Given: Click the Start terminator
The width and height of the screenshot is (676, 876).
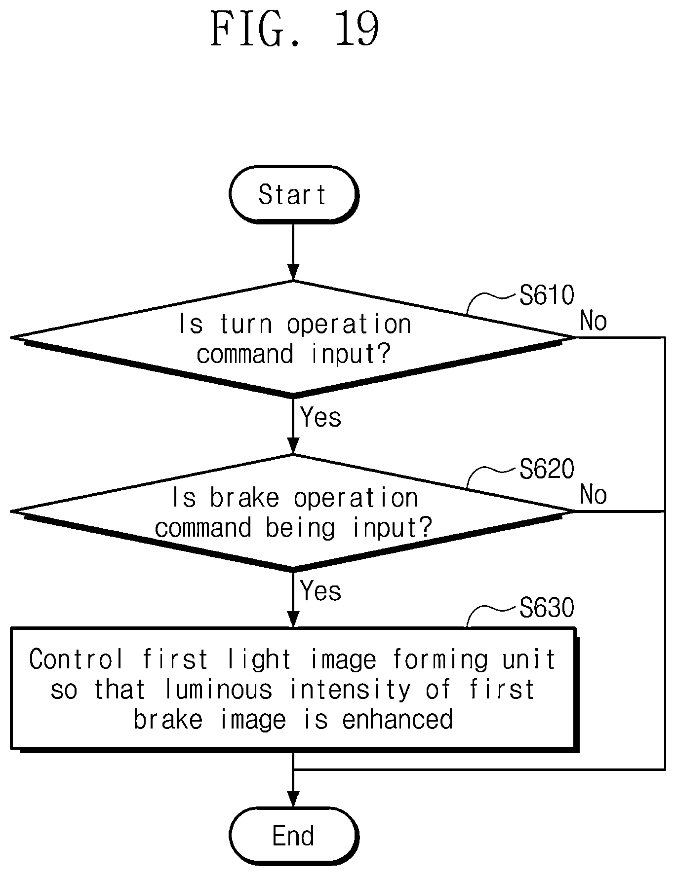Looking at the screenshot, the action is [294, 194].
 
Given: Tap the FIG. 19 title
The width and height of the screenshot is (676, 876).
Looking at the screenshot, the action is [295, 30].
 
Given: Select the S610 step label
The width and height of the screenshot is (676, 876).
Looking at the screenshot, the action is [547, 295].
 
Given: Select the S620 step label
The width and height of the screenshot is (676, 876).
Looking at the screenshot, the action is [547, 469].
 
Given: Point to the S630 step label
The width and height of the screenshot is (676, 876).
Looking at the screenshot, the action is [547, 608].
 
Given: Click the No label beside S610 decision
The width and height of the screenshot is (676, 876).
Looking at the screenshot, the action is [594, 321].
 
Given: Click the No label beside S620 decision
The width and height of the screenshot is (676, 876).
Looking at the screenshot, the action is [594, 495].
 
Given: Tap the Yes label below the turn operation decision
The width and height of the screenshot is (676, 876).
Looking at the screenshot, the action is [321, 417].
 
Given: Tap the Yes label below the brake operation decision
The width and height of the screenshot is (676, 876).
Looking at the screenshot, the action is [321, 591].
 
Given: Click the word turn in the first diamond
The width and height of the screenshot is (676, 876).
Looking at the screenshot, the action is [246, 325].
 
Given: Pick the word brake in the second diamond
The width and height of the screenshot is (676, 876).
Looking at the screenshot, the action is [244, 498].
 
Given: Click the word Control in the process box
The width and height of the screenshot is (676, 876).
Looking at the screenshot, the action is [76, 659].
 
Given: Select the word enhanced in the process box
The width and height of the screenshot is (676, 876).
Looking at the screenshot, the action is [398, 720].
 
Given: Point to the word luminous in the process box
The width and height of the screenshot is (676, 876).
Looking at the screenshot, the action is [219, 690].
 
